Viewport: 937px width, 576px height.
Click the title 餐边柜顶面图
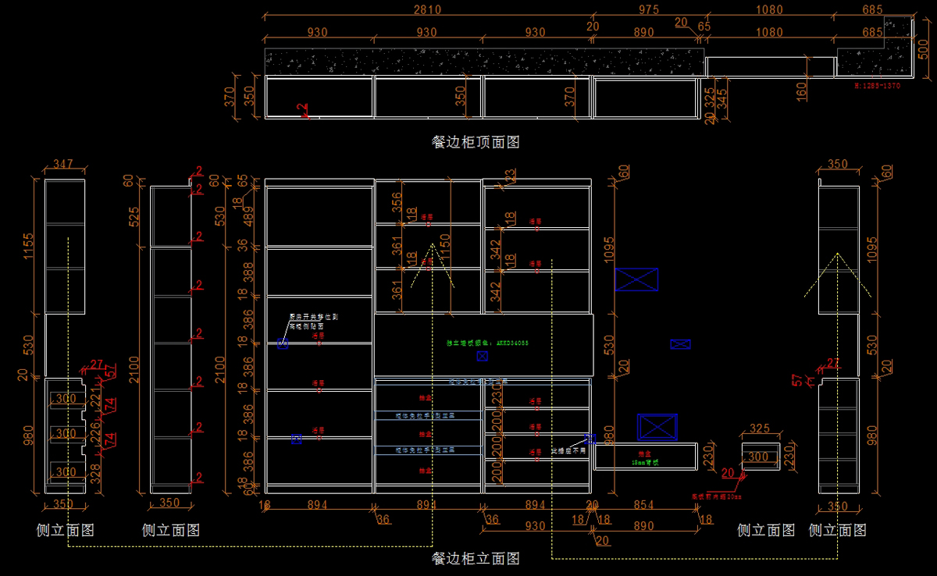(476, 142)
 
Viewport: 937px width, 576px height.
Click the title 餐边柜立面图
(476, 558)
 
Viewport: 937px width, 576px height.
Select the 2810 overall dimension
(427, 10)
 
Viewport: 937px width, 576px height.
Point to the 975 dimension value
(648, 10)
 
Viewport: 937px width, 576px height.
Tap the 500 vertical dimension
(924, 48)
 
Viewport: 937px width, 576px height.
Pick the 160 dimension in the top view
(801, 91)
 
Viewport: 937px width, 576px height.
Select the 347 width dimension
(62, 165)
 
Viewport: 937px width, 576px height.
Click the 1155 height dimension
(30, 246)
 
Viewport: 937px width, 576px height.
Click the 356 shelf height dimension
(397, 202)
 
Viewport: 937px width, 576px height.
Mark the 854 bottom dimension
(643, 505)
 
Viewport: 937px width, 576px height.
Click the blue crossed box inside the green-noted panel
(482, 356)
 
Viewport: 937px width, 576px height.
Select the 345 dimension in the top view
(721, 98)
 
